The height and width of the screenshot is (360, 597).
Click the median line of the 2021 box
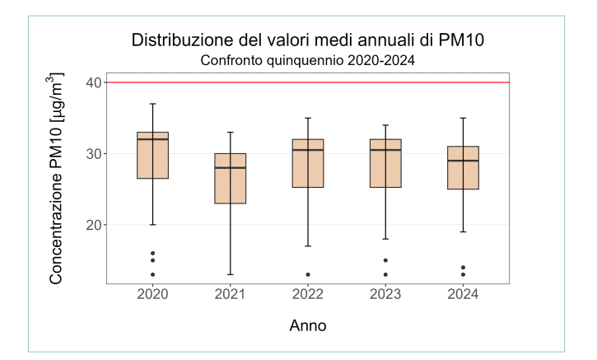(231, 167)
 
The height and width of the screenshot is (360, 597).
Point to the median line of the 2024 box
(463, 161)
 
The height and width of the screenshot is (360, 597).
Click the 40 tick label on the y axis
(92, 82)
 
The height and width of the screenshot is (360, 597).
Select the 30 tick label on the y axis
(92, 154)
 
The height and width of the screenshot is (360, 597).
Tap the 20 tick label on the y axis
(92, 225)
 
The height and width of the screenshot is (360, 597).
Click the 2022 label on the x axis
(308, 295)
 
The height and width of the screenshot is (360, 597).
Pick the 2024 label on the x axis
(463, 295)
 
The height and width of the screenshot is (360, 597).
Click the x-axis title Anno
(307, 325)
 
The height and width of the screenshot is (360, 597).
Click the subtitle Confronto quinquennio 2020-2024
(307, 60)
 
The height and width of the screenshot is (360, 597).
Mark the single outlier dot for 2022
(308, 274)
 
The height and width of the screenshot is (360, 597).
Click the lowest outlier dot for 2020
(152, 274)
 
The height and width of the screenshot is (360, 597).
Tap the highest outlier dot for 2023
(385, 260)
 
